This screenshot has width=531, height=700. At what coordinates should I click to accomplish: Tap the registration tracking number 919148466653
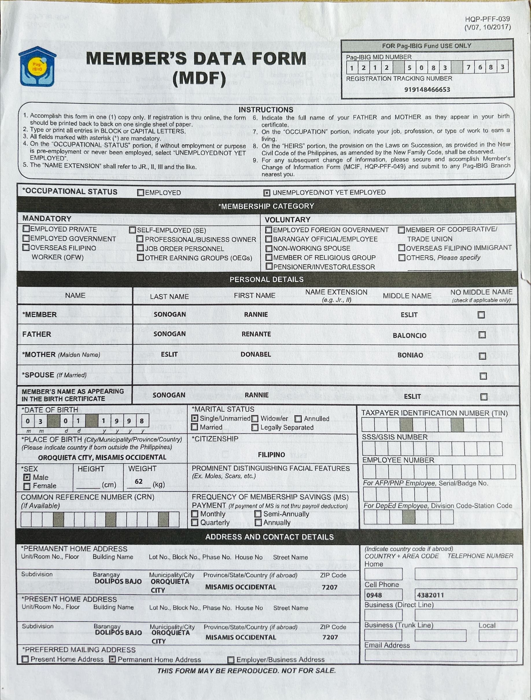pyautogui.click(x=427, y=90)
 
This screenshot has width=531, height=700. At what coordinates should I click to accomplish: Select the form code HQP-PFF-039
pyautogui.click(x=487, y=19)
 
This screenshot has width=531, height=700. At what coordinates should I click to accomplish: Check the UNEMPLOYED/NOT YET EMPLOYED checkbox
pyautogui.click(x=266, y=193)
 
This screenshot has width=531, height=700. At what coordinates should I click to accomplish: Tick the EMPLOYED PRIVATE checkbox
pyautogui.click(x=26, y=229)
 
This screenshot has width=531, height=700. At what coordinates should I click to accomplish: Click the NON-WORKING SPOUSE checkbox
pyautogui.click(x=269, y=248)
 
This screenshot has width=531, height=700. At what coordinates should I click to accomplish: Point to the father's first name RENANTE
pyautogui.click(x=256, y=334)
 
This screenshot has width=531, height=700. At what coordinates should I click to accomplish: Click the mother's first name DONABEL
pyautogui.click(x=256, y=354)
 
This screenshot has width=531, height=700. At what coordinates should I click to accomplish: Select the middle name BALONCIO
pyautogui.click(x=410, y=336)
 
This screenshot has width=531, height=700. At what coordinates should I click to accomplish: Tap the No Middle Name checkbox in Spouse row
pyautogui.click(x=483, y=376)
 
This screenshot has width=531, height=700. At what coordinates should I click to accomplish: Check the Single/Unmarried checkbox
pyautogui.click(x=195, y=418)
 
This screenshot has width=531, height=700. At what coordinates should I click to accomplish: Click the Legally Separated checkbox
pyautogui.click(x=255, y=428)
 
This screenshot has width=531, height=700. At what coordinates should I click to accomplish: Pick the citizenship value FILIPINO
pyautogui.click(x=271, y=455)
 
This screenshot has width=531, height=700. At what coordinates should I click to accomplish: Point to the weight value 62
pyautogui.click(x=139, y=481)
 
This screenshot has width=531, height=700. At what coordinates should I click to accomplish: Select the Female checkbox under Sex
pyautogui.click(x=27, y=486)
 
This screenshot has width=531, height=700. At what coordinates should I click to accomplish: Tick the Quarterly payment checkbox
pyautogui.click(x=195, y=522)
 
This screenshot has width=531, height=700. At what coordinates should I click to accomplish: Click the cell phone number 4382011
pyautogui.click(x=430, y=595)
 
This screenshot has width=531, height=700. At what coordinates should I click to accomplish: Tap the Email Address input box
pyautogui.click(x=440, y=656)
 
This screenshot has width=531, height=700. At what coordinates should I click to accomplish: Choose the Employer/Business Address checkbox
pyautogui.click(x=231, y=660)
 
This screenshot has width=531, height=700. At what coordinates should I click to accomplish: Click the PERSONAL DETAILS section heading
pyautogui.click(x=266, y=279)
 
